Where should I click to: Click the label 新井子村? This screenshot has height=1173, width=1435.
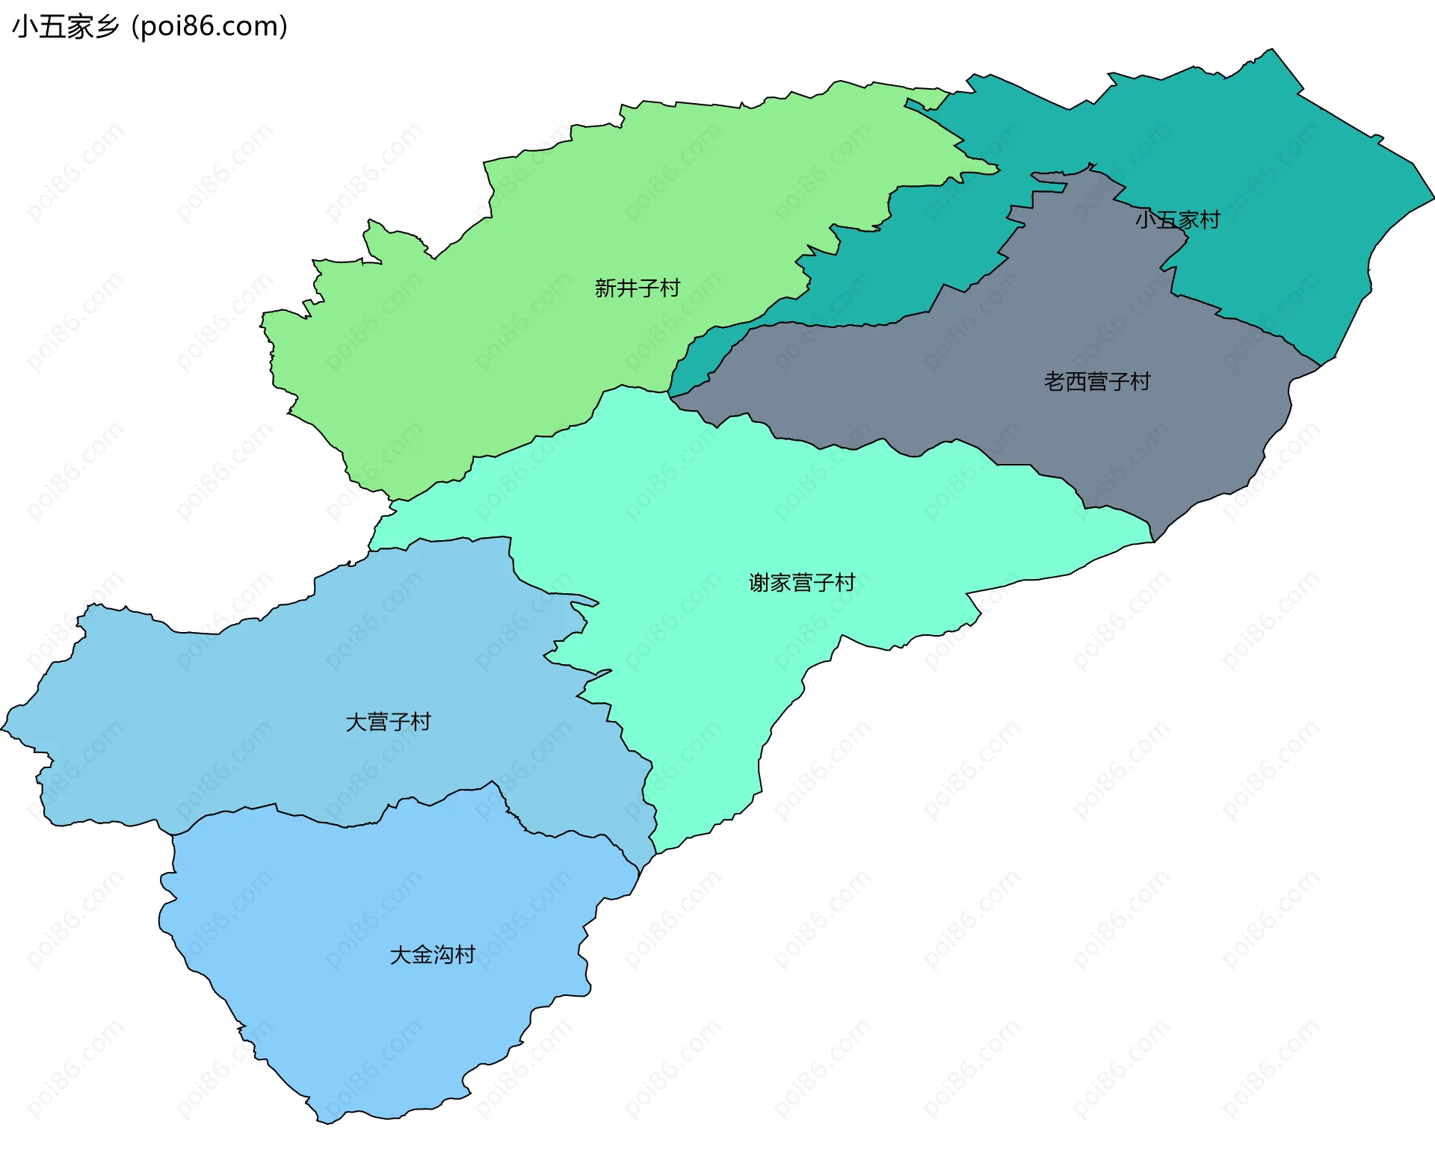point(637,288)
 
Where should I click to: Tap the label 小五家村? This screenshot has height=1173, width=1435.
point(1177,220)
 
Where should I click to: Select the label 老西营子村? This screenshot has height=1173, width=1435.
point(1096,382)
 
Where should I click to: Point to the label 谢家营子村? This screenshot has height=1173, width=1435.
point(801,582)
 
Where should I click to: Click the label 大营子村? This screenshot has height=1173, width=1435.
point(388,722)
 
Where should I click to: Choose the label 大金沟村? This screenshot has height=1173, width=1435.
point(432,955)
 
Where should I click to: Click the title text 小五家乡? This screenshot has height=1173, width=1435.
point(66,27)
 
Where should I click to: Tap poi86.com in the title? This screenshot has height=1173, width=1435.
point(209,27)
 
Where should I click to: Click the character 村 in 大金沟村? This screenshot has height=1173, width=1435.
point(465,955)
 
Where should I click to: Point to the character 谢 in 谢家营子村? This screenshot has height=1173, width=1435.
point(759,582)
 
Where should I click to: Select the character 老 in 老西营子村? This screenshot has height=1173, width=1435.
point(1054,382)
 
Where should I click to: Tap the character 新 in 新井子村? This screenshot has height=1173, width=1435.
point(605,288)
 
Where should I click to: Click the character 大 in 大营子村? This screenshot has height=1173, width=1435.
point(356,722)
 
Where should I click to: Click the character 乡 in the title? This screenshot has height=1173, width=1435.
point(108,27)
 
